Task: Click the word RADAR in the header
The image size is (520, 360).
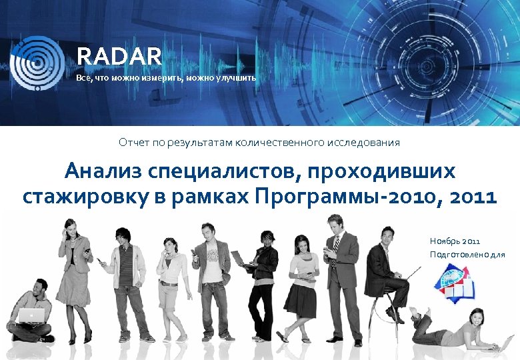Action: tap(119, 55)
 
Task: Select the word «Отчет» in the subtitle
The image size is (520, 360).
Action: tap(133, 143)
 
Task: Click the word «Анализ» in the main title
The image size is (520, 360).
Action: tap(106, 172)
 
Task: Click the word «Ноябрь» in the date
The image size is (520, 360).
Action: tap(445, 241)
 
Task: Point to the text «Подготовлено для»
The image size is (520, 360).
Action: tap(467, 255)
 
